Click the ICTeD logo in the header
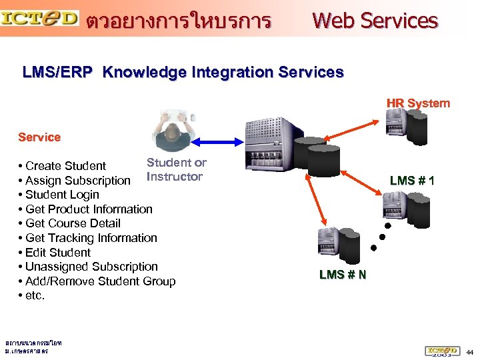(40, 18)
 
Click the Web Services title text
(375, 21)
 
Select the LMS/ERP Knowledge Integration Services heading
(183, 72)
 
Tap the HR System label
(418, 103)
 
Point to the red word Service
(39, 137)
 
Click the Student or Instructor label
(176, 169)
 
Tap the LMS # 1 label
(412, 181)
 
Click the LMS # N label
(343, 275)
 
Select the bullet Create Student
(65, 166)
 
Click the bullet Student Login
(62, 195)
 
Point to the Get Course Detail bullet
(73, 223)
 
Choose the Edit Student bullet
(57, 252)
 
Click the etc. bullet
(35, 295)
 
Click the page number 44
(469, 351)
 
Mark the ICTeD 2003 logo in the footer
(442, 351)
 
